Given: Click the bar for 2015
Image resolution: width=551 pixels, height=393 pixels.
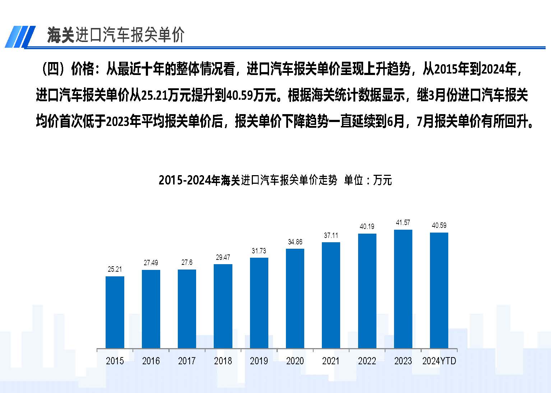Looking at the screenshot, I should (115, 312).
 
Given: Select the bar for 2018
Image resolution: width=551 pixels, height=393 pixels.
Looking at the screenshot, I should (223, 306).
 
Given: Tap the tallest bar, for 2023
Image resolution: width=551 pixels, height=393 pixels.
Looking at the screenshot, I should (403, 289).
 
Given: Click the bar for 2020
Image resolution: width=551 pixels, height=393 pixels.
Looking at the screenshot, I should (295, 298).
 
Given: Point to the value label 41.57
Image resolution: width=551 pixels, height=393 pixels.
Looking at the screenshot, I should (403, 223).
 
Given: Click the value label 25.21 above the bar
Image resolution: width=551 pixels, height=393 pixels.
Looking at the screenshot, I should (115, 269).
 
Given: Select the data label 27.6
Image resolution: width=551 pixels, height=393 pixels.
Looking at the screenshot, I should (187, 262).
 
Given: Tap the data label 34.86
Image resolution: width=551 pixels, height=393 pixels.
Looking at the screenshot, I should (295, 242).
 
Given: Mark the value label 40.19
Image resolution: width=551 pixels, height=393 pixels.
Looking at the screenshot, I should (367, 226).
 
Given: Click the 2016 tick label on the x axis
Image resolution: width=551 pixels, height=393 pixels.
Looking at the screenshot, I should (151, 361).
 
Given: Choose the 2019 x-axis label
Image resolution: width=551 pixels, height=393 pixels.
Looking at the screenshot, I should (259, 361).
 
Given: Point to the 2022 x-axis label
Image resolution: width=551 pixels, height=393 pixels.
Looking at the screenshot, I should (367, 361).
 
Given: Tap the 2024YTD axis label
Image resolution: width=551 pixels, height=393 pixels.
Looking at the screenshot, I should (439, 361).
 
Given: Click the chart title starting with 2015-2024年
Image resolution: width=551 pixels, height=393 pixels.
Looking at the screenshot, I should (248, 180).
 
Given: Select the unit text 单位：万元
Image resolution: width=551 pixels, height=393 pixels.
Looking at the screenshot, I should (368, 180).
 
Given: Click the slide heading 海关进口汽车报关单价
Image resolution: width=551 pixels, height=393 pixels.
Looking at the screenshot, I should (116, 35).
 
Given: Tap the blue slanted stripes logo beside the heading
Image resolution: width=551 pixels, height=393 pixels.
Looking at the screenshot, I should (20, 36).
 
